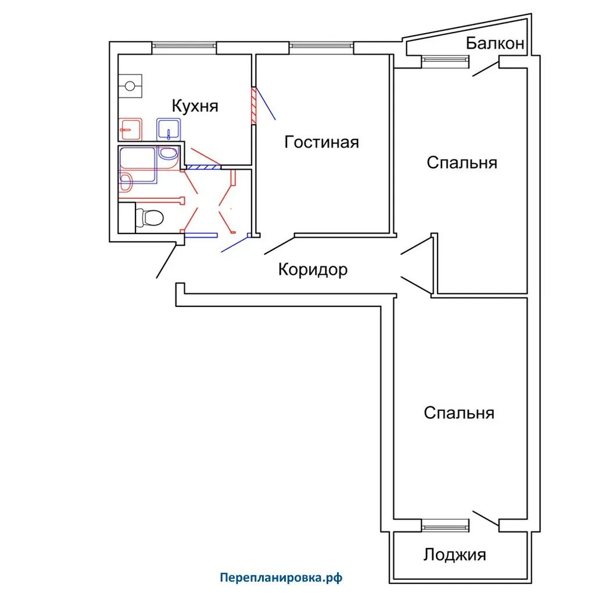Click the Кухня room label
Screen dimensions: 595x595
point(195,106)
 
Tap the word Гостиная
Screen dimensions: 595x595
point(321,142)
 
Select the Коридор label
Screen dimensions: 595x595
point(313,270)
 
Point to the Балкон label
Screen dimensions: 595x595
point(495,44)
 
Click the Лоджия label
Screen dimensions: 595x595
point(454,555)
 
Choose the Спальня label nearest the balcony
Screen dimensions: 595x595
point(462,162)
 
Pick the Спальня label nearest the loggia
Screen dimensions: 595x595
point(459,413)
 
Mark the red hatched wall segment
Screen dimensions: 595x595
point(254,106)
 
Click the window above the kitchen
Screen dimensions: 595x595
point(184,46)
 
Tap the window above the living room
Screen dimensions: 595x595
point(321,46)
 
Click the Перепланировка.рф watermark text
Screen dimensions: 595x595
point(281,578)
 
